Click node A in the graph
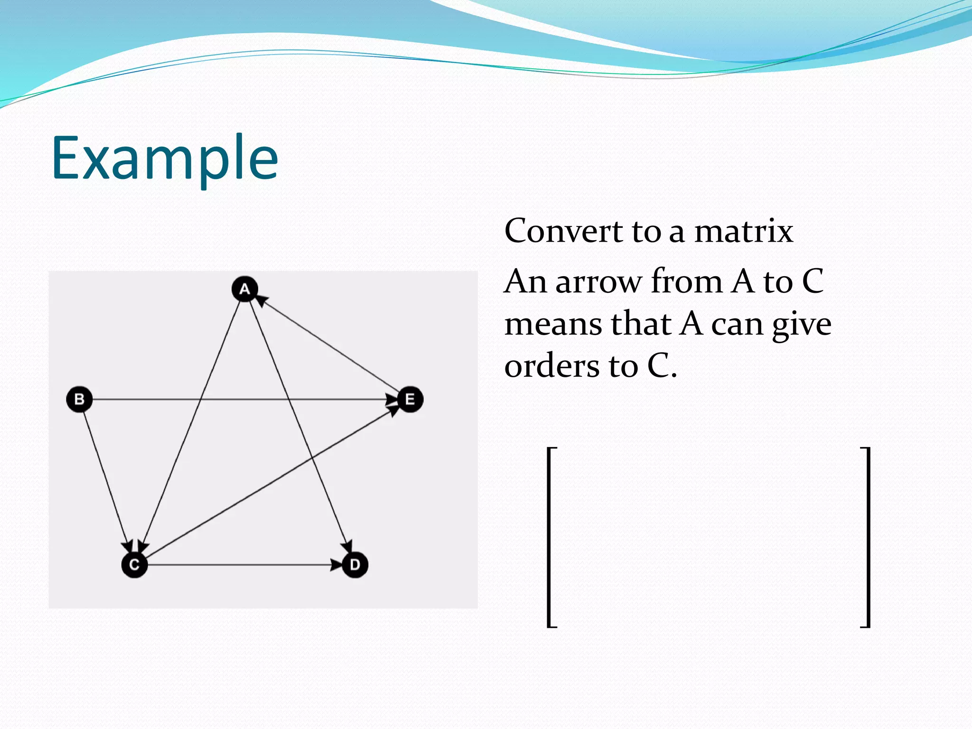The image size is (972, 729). tap(244, 289)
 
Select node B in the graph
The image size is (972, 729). tap(79, 399)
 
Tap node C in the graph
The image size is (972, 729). tap(134, 565)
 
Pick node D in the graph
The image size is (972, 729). tap(355, 565)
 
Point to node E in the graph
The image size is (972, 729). tap(410, 399)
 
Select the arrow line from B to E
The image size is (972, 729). tap(237, 399)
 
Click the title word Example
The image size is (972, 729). tap(165, 158)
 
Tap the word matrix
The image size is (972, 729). tap(743, 231)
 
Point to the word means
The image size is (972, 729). tap(552, 324)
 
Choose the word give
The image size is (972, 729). tap(802, 325)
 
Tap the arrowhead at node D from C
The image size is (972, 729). tap(336, 565)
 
